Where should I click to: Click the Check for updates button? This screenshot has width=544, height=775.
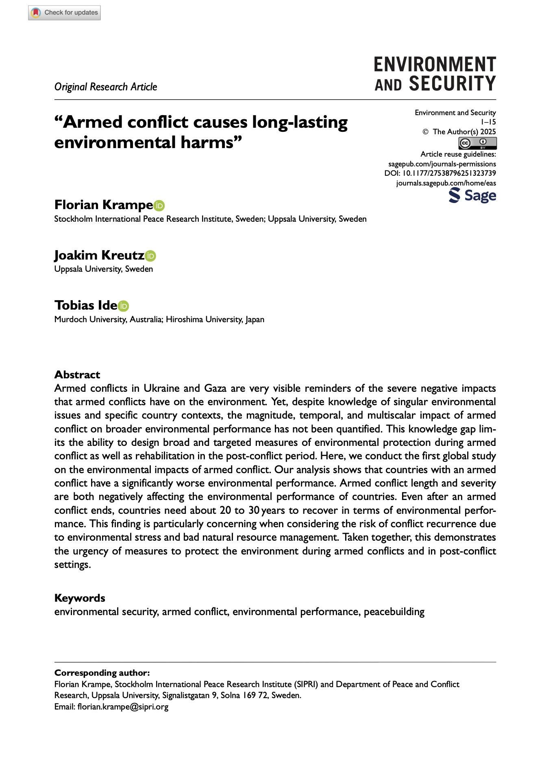coord(64,13)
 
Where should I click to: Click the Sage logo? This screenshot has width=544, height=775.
coord(472,196)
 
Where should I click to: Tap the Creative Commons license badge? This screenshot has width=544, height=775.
coord(477,143)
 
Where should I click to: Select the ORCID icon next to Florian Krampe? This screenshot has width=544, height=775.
coord(159,206)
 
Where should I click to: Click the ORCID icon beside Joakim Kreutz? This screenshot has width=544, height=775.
coord(150,256)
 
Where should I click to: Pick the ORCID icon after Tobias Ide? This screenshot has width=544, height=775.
coord(123,306)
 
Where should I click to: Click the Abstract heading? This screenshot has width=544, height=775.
coord(77,375)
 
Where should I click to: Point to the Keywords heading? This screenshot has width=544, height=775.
coord(80,598)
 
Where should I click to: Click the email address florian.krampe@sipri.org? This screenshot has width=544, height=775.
coord(123,707)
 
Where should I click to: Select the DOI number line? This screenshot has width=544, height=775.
coord(440,173)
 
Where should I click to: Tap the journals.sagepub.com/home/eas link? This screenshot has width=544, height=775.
coord(446,183)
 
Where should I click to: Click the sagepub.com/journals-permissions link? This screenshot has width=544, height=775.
coord(442,164)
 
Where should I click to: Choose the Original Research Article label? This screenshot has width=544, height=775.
coord(106,87)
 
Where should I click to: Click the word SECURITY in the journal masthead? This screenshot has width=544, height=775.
coord(452,84)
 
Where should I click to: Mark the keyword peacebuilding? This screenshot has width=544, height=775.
coord(394,612)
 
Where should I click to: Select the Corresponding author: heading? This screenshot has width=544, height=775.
coord(102,673)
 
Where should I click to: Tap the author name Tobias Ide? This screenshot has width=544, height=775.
coord(86,306)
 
